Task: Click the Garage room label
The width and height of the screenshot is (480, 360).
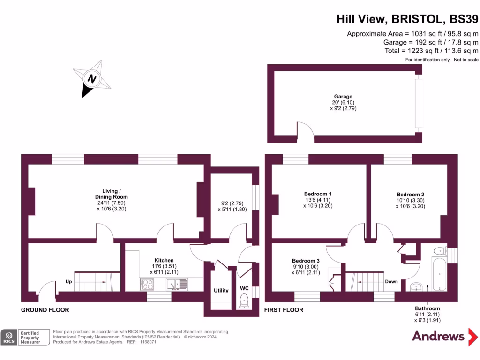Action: click(344, 97)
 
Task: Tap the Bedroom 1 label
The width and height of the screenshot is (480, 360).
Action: click(318, 194)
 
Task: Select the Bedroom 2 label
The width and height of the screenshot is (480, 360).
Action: click(410, 195)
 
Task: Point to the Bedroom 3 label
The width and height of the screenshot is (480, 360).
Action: click(306, 261)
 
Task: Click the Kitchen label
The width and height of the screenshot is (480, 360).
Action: click(164, 260)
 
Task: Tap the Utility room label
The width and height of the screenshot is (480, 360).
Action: click(221, 291)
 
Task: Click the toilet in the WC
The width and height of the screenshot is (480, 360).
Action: click(244, 300)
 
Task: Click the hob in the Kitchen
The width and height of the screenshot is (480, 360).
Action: click(147, 284)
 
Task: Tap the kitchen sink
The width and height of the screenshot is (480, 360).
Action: click(177, 284)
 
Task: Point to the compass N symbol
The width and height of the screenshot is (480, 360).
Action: click(92, 78)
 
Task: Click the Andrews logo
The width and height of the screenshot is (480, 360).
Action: click(438, 336)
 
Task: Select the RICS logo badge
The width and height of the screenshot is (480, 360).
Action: click(8, 337)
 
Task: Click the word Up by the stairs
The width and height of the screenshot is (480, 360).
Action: click(68, 282)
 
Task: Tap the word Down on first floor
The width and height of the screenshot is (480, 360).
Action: click(391, 282)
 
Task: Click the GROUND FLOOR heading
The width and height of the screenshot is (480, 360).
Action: click(45, 310)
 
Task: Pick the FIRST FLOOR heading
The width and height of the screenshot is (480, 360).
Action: click(284, 310)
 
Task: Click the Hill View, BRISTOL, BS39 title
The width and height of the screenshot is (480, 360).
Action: click(407, 19)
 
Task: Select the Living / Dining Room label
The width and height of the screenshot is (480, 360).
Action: click(115, 194)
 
